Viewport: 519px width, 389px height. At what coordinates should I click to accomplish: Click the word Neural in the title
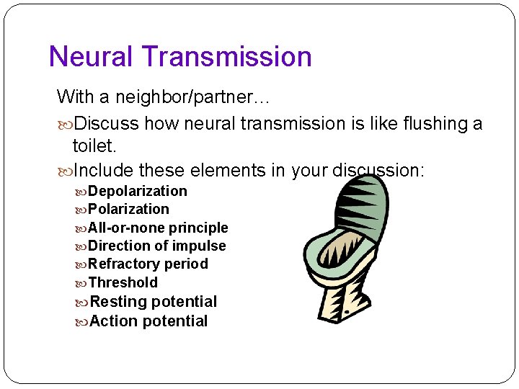click(91, 57)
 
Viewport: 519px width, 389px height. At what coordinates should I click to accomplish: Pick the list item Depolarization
click(137, 191)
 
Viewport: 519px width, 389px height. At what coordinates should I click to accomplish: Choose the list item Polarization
click(128, 209)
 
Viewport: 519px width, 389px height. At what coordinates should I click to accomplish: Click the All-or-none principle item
click(158, 228)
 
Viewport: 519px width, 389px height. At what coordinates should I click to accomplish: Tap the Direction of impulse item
click(156, 246)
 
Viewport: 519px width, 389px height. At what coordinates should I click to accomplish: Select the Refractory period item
click(148, 264)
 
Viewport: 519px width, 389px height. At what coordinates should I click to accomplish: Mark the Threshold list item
click(123, 282)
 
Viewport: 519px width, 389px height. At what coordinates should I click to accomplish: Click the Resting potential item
click(153, 301)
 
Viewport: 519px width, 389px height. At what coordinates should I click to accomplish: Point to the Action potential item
click(148, 321)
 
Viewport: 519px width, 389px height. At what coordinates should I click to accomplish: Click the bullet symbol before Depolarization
click(81, 192)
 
